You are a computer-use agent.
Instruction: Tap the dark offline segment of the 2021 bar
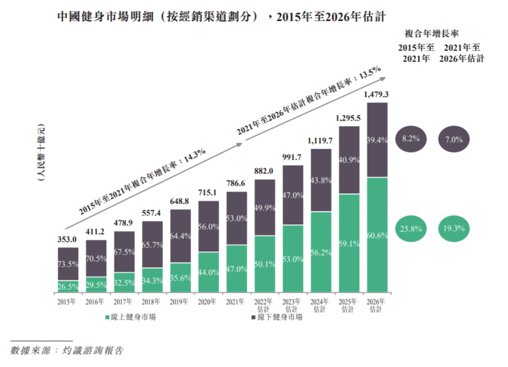coord(237,218)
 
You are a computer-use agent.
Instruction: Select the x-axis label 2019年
coord(181,301)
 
